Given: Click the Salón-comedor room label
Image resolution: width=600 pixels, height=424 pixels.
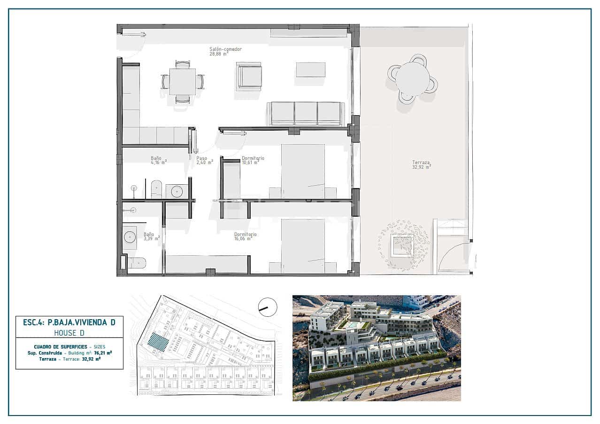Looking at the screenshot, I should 225,51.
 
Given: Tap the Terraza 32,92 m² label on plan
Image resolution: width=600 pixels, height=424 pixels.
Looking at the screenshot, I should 421,164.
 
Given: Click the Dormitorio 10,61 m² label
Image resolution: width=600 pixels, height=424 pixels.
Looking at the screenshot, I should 253,161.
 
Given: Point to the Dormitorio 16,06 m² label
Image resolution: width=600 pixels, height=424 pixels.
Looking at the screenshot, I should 245,236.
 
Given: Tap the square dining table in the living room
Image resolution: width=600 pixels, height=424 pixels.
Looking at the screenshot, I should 182,82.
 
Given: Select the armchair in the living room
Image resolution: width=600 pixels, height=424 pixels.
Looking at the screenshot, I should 249,76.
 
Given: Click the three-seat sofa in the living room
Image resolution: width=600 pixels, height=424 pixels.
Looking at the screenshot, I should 306,113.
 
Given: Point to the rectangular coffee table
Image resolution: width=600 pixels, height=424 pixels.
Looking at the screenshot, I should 310,70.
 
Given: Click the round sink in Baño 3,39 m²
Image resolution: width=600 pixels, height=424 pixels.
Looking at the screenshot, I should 130,236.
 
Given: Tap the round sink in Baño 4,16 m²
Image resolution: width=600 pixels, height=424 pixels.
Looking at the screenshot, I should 177,191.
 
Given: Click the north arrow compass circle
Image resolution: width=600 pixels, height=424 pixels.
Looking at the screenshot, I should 268,307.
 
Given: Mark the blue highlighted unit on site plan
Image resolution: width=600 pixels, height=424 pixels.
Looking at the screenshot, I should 157,341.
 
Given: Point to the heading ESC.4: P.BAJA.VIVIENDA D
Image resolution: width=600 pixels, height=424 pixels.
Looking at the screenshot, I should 69,322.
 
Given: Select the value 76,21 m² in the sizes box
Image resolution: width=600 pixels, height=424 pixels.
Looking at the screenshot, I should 102,352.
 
